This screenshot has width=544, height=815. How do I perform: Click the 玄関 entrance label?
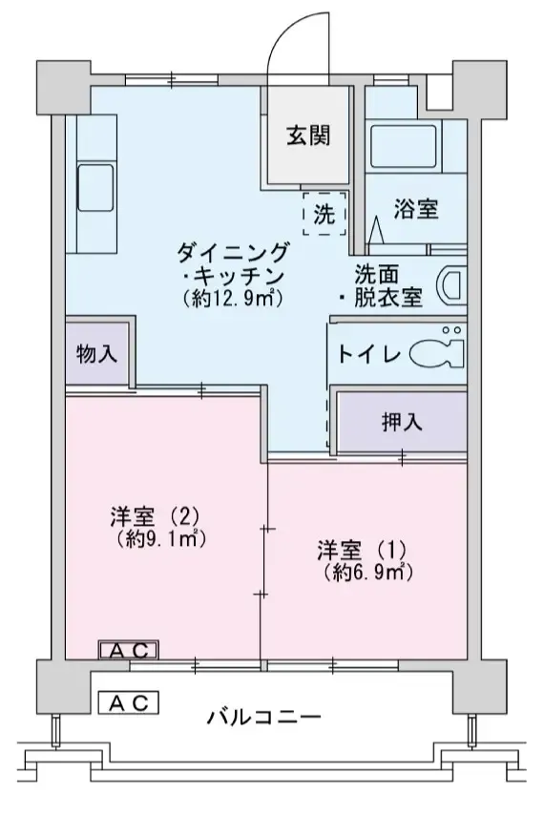(x=307, y=136)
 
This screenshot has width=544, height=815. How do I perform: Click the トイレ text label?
(x=366, y=354)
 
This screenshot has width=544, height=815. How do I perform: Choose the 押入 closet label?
(x=402, y=421)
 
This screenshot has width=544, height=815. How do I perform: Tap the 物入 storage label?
(x=97, y=353)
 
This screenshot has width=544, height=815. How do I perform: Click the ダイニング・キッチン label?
(x=233, y=264)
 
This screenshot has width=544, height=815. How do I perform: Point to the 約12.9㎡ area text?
(x=233, y=299)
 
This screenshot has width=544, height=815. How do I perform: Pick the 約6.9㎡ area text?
(x=366, y=573)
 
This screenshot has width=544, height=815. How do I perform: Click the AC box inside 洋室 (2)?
(x=129, y=651)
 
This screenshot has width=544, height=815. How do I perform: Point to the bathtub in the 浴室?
(x=401, y=145)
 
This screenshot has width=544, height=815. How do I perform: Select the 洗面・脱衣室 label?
(x=381, y=284)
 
